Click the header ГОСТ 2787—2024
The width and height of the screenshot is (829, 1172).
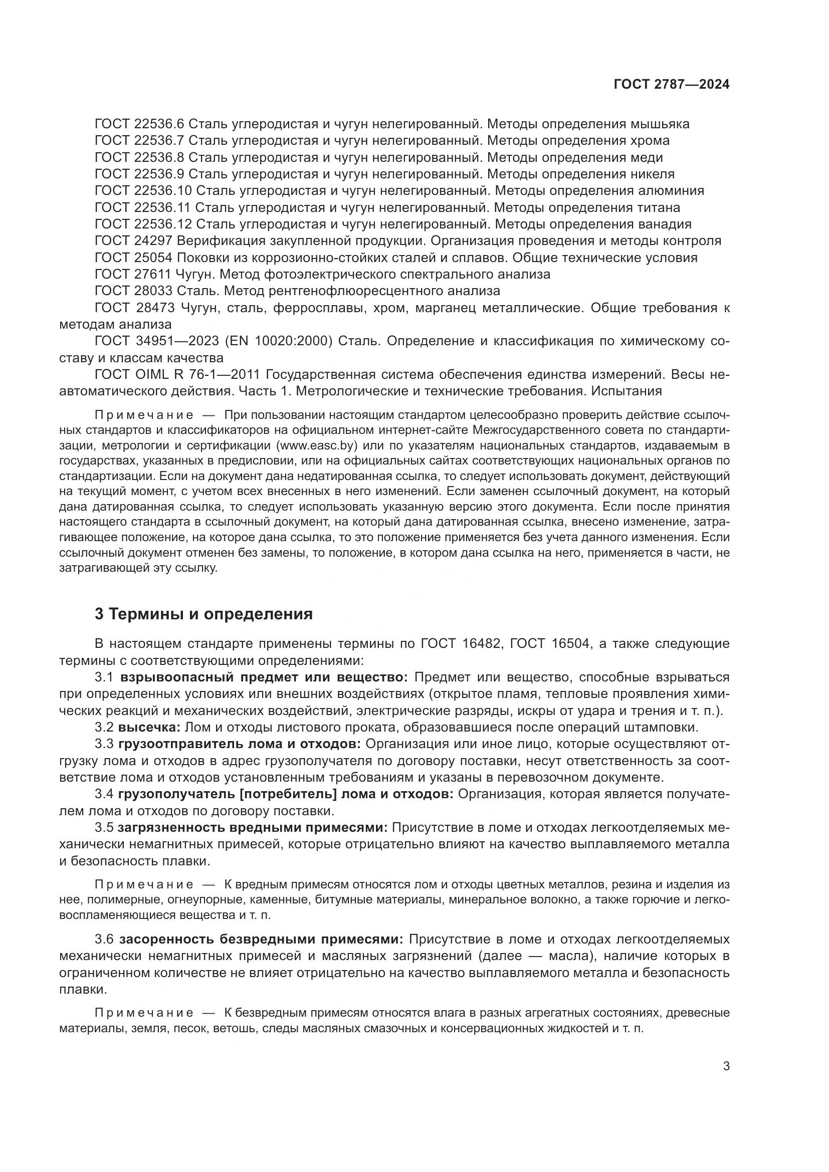click(671, 85)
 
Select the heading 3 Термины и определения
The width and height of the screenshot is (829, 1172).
click(203, 614)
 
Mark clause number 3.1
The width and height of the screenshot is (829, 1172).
click(105, 677)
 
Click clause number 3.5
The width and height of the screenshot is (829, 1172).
click(105, 827)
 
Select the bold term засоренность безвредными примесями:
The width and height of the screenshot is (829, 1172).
click(261, 939)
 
